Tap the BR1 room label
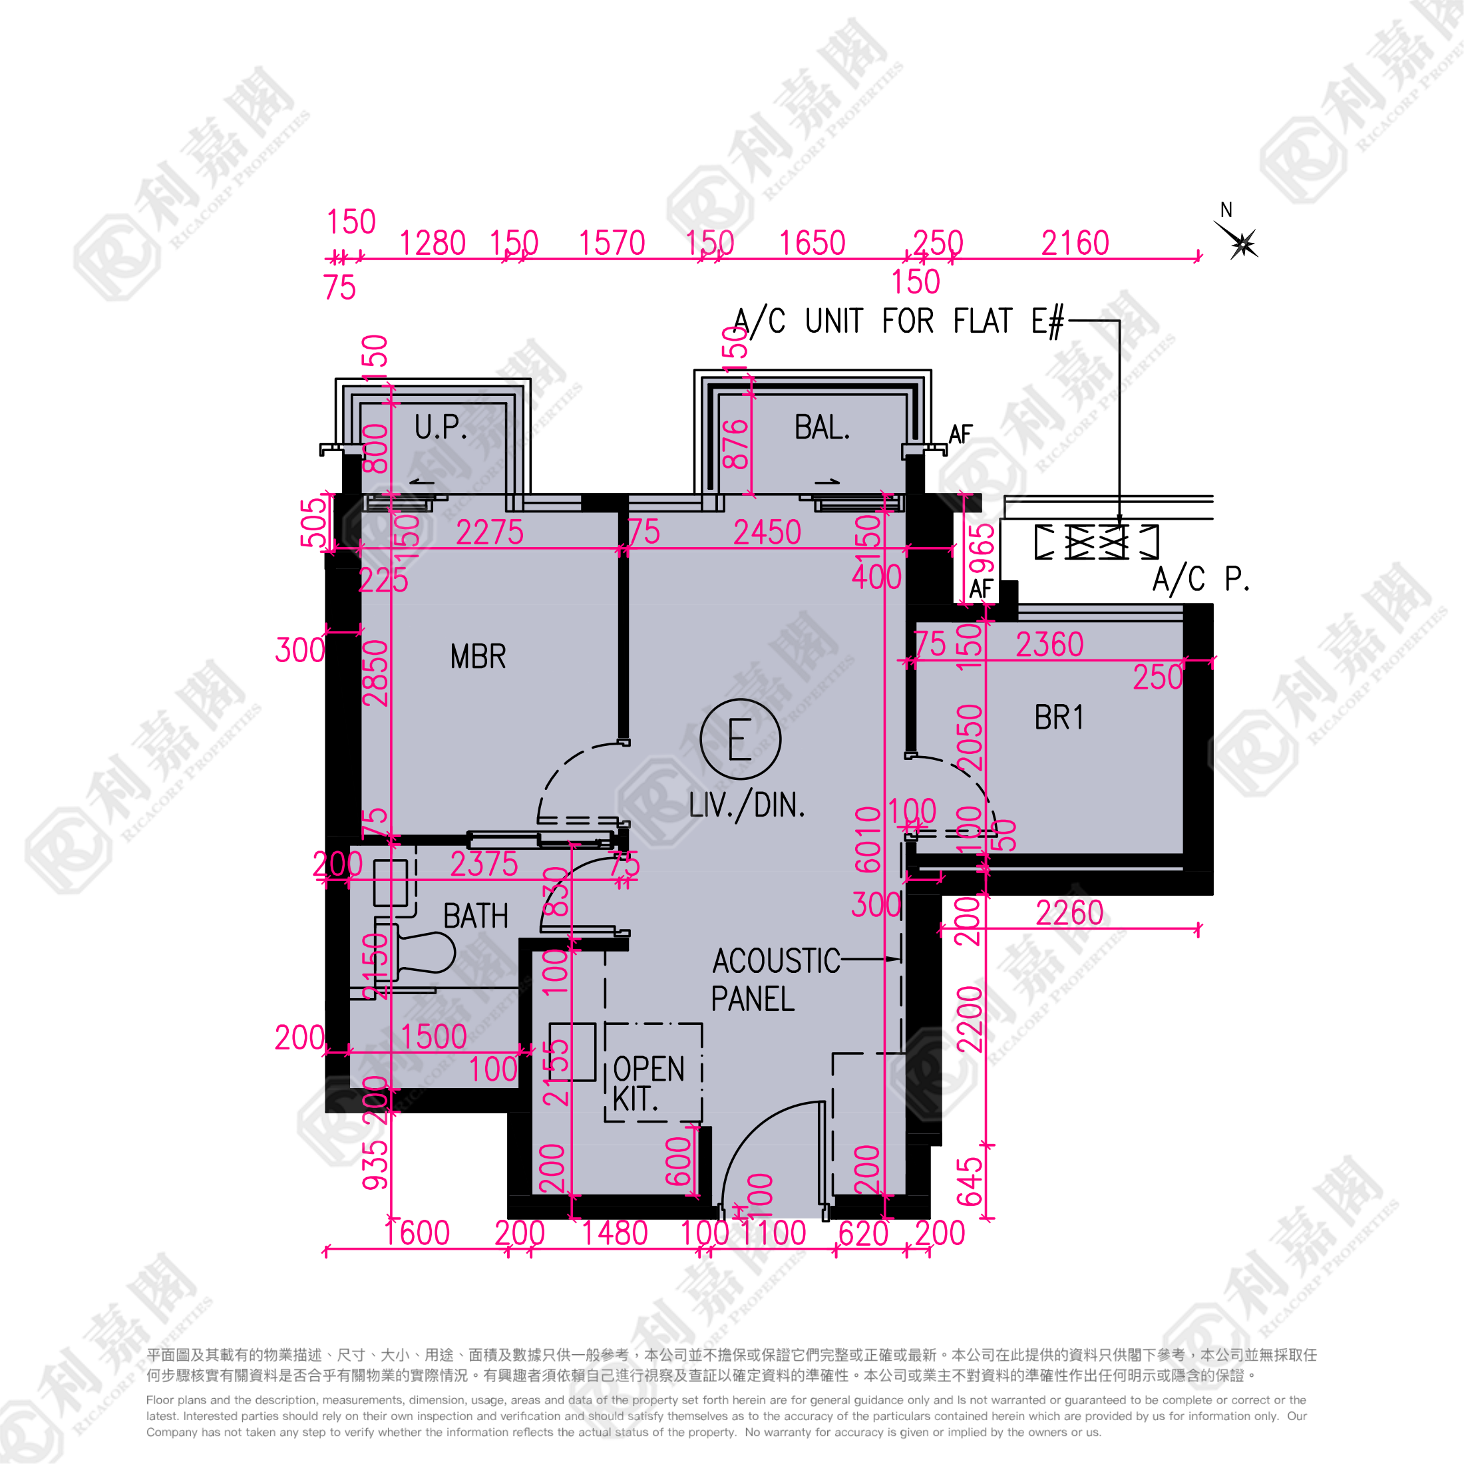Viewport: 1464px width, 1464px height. tap(1059, 717)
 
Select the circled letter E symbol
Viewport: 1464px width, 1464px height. tap(739, 739)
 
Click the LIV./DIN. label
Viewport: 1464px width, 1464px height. tap(747, 805)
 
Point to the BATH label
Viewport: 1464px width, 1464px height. tap(476, 916)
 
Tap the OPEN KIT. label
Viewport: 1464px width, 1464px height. tap(648, 1083)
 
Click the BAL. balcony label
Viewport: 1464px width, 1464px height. tap(823, 427)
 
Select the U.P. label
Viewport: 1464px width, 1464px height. tap(441, 427)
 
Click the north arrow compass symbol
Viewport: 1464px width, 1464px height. tap(1240, 242)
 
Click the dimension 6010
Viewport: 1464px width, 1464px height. tap(868, 840)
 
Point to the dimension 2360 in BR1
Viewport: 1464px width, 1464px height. tap(1049, 644)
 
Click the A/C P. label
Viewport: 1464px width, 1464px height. tap(1200, 580)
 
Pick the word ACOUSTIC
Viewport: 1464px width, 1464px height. tap(776, 961)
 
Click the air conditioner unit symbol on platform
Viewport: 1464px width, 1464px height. tap(1097, 541)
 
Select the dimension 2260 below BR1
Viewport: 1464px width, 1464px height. tap(1069, 912)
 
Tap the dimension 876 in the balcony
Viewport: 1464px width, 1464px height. tap(736, 445)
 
